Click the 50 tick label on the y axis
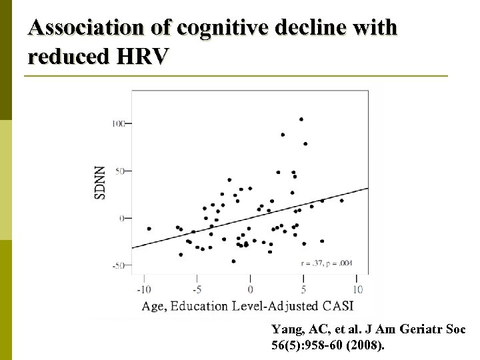click(x=121, y=171)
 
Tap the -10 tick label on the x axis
click(x=143, y=289)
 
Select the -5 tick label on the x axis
click(x=197, y=289)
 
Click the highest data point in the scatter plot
click(x=301, y=119)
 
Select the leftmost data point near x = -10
click(x=149, y=229)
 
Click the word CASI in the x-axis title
click(x=335, y=306)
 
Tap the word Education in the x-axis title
click(x=201, y=306)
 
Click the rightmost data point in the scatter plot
click(x=342, y=200)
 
